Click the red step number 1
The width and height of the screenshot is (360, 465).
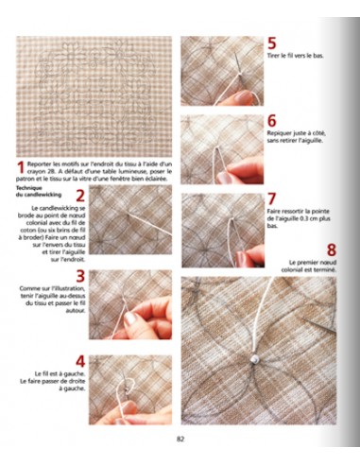[x=21, y=168]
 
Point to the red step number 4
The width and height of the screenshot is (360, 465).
[x=80, y=362]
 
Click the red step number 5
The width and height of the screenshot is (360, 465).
[x=272, y=43]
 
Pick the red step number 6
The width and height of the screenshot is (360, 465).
[x=272, y=122]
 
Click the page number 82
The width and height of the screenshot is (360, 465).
[x=180, y=438]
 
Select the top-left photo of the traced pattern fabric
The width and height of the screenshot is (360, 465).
[x=94, y=95]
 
